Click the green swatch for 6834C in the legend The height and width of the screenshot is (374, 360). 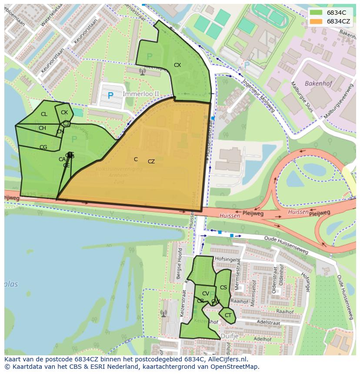(x=316, y=13)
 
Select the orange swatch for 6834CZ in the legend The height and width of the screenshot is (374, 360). (x=316, y=21)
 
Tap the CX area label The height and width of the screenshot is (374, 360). (x=177, y=65)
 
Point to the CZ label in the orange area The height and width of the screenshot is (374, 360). (x=151, y=162)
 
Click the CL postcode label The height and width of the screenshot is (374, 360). (x=44, y=114)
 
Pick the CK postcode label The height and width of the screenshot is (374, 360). (x=64, y=113)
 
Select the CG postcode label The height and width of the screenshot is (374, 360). (x=43, y=147)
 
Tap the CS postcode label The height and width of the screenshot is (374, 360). (x=223, y=288)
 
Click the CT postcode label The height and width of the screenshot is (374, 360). (x=228, y=315)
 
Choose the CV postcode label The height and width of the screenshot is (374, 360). (x=206, y=294)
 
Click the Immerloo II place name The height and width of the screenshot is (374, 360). (x=141, y=94)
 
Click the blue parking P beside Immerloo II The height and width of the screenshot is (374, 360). (x=110, y=95)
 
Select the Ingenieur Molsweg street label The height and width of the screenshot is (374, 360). (x=259, y=96)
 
